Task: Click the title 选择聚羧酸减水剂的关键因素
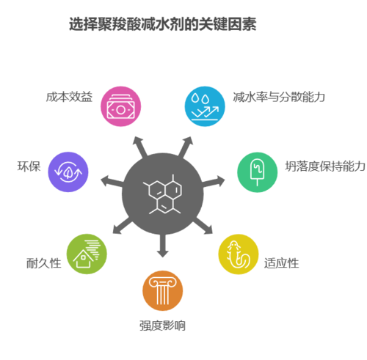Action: pos(162,24)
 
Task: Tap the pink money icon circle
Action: pos(121,106)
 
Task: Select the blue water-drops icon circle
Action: pos(205,106)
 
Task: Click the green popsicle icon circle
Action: pos(258,172)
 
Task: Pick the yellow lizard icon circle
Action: pos(239,254)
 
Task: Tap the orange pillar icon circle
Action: pos(163,290)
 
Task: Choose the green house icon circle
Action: pos(87,254)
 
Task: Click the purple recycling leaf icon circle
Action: pos(68,172)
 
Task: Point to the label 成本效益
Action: pos(69,97)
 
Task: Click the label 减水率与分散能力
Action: pos(279,97)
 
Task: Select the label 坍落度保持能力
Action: pos(325,166)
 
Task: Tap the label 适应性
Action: pos(281,263)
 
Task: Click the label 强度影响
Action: pos(162,326)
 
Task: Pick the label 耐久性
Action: pos(44,263)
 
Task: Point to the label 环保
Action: pos(29,166)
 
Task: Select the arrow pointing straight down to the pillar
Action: pos(163,245)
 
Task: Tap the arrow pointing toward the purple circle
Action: pos(112,181)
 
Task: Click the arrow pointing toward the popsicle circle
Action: pos(213,182)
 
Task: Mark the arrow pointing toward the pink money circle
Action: pos(140,147)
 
